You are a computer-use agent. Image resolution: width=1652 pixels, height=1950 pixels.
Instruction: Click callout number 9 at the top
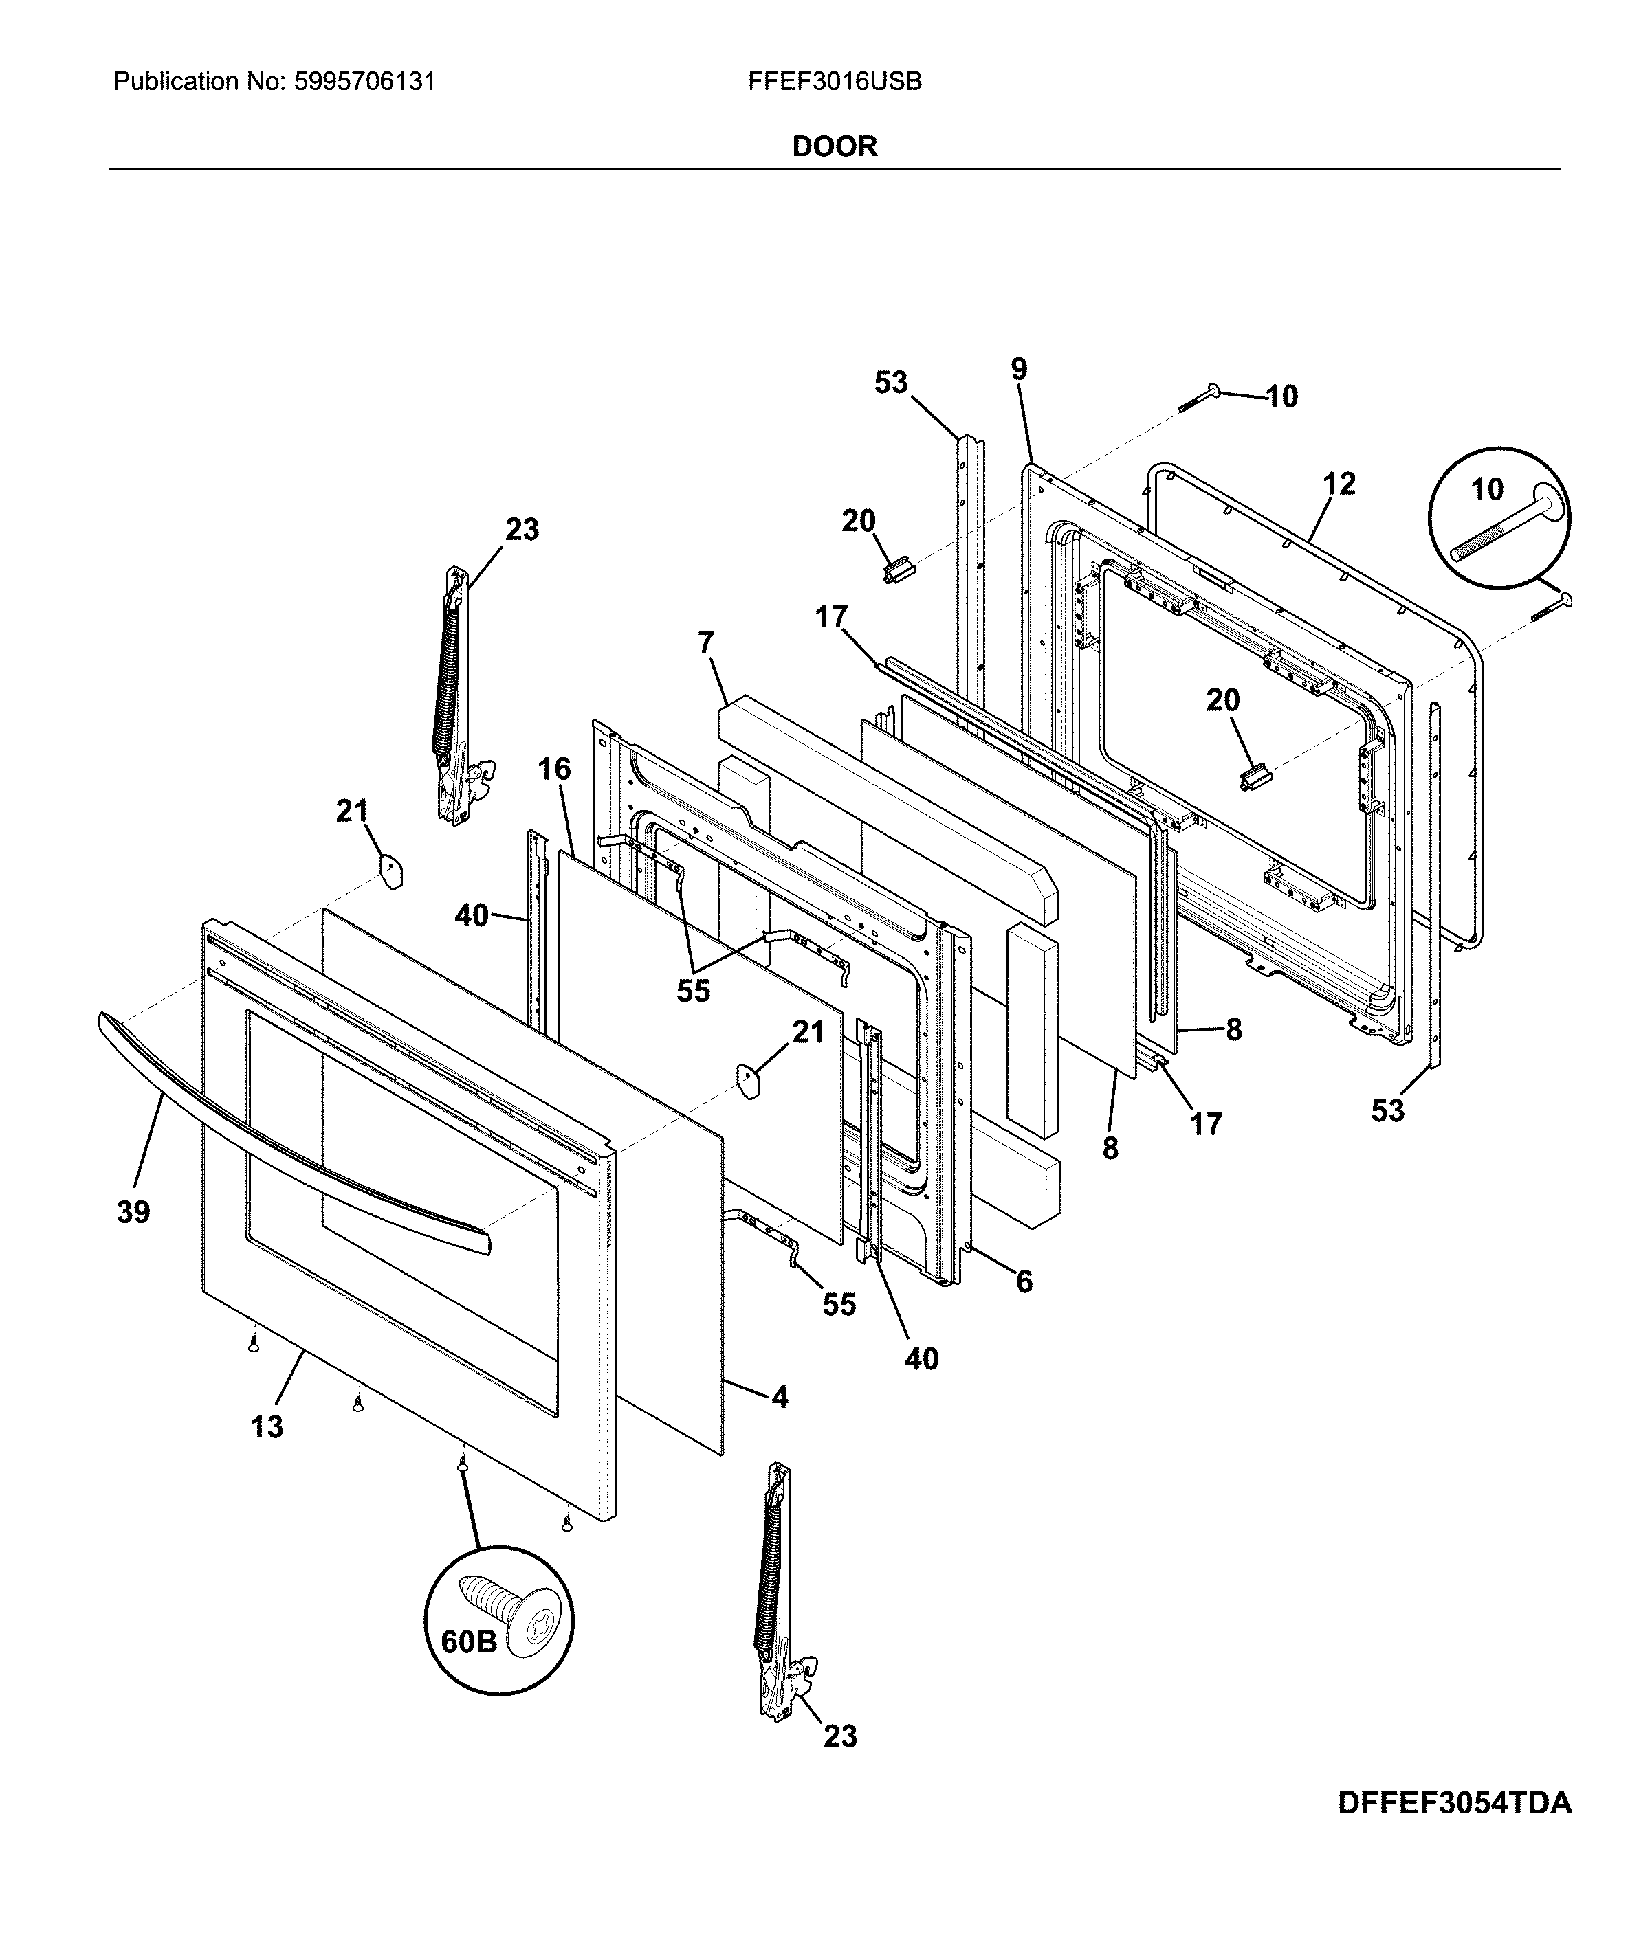pyautogui.click(x=1019, y=369)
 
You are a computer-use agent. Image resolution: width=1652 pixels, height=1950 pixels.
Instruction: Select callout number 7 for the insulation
pyautogui.click(x=705, y=643)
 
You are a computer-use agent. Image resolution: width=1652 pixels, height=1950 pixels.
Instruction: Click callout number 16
pyautogui.click(x=554, y=770)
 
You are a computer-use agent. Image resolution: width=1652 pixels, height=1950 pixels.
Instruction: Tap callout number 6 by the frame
pyautogui.click(x=1024, y=1281)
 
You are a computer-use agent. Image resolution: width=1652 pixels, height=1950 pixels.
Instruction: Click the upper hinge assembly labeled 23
pyautogui.click(x=459, y=693)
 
